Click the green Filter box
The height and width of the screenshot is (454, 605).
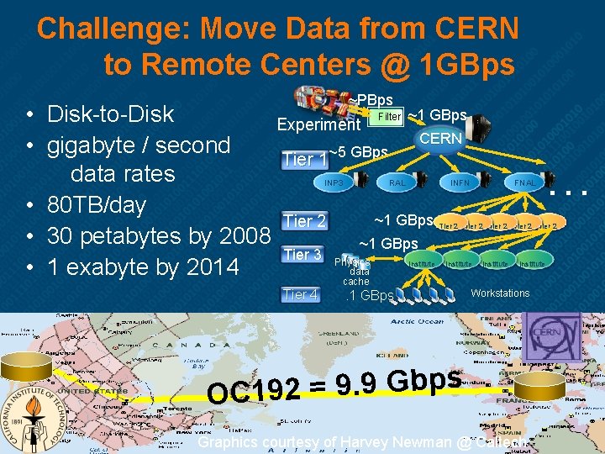tap(389, 117)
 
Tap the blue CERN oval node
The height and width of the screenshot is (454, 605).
tap(440, 138)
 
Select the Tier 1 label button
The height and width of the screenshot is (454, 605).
tap(304, 159)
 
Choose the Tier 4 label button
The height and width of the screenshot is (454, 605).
tap(300, 294)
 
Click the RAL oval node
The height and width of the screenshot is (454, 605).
tap(397, 181)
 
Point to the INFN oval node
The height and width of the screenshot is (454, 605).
tap(460, 181)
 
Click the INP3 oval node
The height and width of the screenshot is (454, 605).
tap(334, 181)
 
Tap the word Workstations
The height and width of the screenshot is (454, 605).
tap(500, 293)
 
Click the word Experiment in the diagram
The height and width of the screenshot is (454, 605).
tap(318, 125)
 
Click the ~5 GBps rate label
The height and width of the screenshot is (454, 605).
tap(358, 152)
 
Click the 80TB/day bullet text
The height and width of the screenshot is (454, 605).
tap(97, 205)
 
